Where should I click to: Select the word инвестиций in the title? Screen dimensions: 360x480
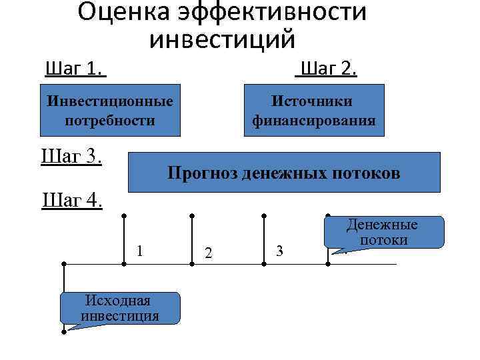[222, 39]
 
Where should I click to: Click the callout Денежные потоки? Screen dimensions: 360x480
[383, 233]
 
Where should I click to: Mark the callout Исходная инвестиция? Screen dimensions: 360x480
[120, 308]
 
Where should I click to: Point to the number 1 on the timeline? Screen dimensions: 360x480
[139, 251]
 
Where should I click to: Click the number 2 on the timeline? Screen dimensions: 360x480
[209, 253]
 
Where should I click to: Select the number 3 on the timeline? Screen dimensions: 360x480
[279, 251]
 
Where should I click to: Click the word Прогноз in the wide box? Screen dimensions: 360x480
[202, 173]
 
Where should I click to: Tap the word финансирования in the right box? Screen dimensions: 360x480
[313, 121]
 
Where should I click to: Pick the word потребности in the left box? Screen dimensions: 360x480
[110, 121]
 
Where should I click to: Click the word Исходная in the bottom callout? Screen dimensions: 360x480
[120, 301]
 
